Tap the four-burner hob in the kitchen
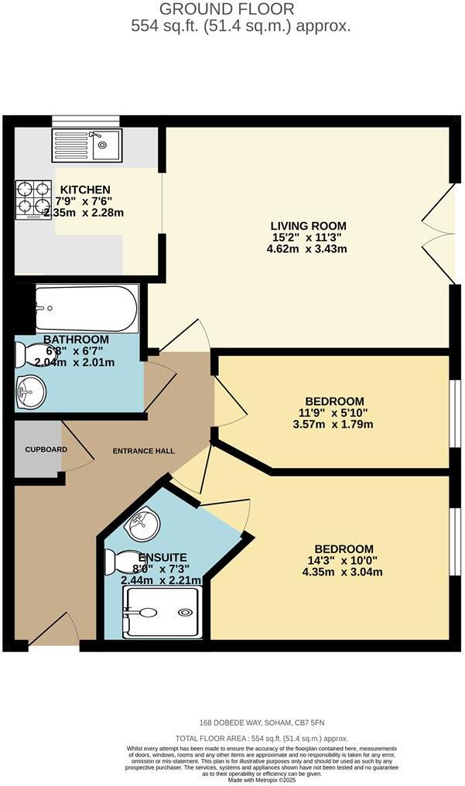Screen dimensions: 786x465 pos(32,199)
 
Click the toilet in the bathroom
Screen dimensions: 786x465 pos(32,354)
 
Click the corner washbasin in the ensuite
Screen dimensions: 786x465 pos(143,525)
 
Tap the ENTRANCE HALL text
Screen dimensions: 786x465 pos(143,451)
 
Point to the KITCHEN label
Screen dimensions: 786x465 pos(85,190)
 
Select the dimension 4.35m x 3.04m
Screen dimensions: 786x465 pos(339,572)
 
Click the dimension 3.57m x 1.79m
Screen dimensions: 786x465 pos(334,424)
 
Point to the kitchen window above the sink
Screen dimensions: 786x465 pos(85,121)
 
